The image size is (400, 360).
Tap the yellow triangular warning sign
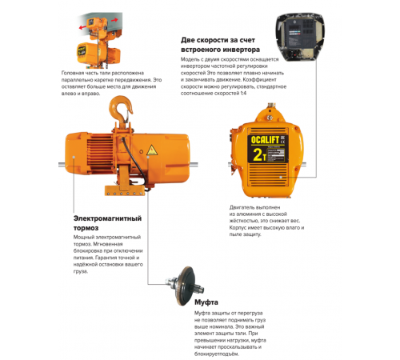[152, 150]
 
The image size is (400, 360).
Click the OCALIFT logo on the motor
[265, 140]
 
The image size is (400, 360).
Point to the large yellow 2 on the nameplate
[258, 154]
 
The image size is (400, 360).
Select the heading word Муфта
[206, 302]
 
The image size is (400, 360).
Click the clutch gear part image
[184, 286]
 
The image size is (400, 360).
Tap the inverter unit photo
[300, 37]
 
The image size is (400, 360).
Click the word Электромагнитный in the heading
[107, 218]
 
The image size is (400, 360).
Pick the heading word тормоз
[86, 228]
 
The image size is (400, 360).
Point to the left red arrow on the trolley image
[82, 27]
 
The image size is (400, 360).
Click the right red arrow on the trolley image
[114, 20]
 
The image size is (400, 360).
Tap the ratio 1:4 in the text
[243, 94]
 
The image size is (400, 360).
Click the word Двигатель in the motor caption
[242, 207]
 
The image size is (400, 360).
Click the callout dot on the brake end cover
[74, 158]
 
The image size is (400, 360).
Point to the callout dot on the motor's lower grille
[281, 177]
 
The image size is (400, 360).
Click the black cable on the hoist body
[136, 162]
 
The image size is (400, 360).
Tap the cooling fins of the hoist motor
[100, 154]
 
